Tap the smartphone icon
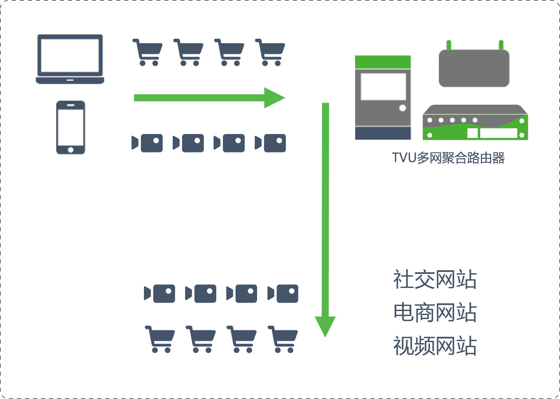click(71, 127)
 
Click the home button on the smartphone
click(71, 149)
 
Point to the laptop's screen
click(70, 55)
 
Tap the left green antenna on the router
click(449, 45)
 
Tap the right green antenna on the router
click(501, 45)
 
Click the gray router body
click(474, 68)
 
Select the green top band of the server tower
click(383, 62)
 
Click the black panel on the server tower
click(384, 87)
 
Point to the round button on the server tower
click(403, 108)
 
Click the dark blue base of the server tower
click(383, 133)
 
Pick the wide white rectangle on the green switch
click(498, 133)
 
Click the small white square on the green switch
click(472, 133)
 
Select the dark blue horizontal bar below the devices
click(448, 158)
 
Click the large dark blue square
click(435, 312)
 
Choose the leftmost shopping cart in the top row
click(147, 52)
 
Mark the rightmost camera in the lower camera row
click(283, 294)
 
